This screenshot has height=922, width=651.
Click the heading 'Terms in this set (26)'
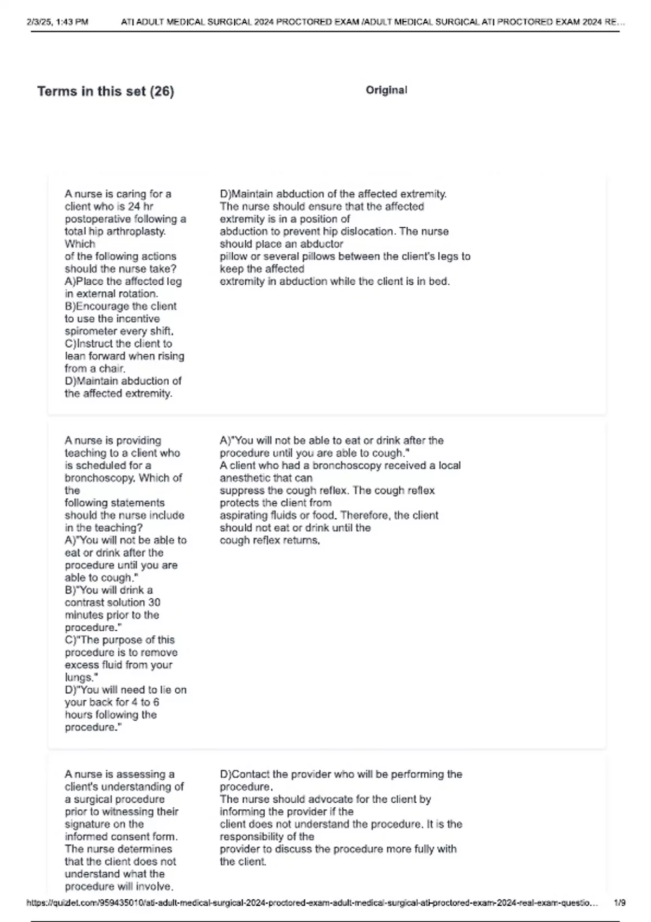(x=105, y=91)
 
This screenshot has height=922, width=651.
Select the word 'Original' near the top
(x=386, y=90)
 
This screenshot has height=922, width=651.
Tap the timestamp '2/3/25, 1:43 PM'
(x=58, y=22)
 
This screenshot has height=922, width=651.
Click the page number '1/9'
(x=620, y=903)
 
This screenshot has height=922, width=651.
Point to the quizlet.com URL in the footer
(x=312, y=903)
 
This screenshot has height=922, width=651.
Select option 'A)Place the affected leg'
(x=123, y=281)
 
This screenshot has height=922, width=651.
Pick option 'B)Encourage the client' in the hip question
(x=120, y=306)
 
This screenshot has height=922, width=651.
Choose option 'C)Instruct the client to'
(x=118, y=344)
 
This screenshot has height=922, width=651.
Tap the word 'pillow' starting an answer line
(x=233, y=257)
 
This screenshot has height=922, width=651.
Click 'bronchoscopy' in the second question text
(x=99, y=478)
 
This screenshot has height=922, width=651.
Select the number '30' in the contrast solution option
(x=154, y=603)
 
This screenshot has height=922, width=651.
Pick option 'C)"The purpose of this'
(x=119, y=640)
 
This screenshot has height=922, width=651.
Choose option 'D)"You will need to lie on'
(x=125, y=690)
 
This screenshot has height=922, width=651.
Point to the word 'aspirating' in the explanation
(x=244, y=516)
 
